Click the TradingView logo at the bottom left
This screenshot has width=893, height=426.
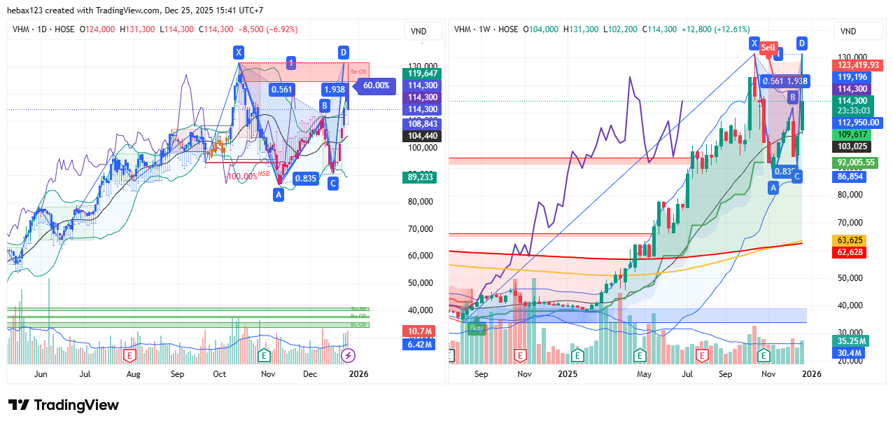[x=64, y=405]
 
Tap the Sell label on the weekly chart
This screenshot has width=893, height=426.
[x=769, y=48]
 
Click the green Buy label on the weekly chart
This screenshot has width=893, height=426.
[x=477, y=327]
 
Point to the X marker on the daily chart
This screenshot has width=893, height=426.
[x=239, y=52]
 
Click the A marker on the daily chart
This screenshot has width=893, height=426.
[x=279, y=194]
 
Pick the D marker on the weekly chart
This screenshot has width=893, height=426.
[x=802, y=43]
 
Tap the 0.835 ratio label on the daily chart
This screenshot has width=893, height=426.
[x=306, y=179]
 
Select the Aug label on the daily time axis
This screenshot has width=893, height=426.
[x=134, y=374]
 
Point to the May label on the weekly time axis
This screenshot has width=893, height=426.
[x=645, y=374]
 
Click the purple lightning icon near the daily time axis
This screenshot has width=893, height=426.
[x=348, y=356]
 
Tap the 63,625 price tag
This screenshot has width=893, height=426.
[x=850, y=240]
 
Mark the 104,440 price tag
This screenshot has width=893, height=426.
[x=422, y=136]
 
